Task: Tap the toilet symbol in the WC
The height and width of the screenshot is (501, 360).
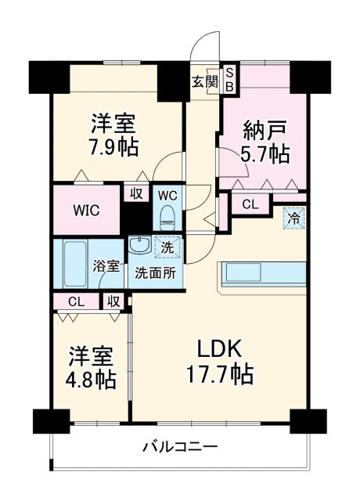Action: pos(167,214)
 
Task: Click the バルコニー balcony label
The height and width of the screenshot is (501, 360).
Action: pos(180,447)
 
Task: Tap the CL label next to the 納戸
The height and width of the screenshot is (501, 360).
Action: pos(249,205)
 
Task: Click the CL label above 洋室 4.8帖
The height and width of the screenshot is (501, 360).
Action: pos(75,301)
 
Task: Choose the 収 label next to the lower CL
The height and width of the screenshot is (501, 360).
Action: pos(113,301)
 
